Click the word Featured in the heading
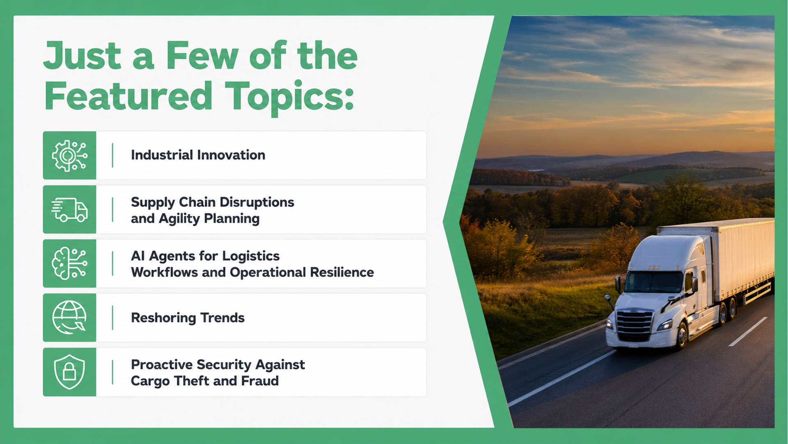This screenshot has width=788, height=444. click(128, 96)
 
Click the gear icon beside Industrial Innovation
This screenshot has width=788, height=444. click(69, 155)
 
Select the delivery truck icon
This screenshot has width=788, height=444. click(69, 210)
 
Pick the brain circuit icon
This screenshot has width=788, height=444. click(69, 264)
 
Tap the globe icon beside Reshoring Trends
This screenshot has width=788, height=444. click(69, 317)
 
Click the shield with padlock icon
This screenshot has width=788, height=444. click(69, 372)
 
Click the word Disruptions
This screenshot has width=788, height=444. click(258, 202)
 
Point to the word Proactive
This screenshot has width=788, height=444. click(161, 365)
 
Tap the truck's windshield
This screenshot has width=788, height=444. click(653, 282)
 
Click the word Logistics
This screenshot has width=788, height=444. click(251, 257)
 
